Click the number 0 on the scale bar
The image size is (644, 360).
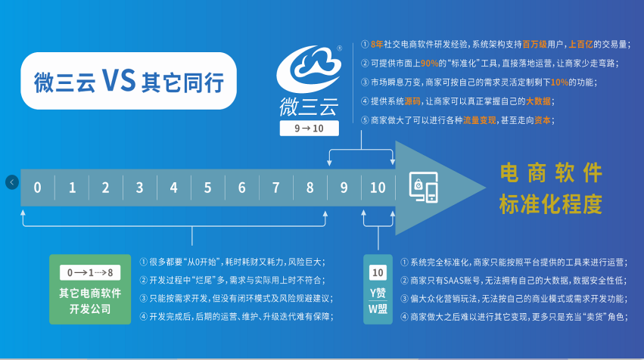(37, 188)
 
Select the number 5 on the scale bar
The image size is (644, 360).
(208, 188)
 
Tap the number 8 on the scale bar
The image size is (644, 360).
(310, 188)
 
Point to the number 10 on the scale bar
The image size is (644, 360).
(378, 188)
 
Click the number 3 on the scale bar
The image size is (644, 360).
(140, 188)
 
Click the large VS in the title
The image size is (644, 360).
(119, 80)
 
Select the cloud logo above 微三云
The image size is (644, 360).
(309, 69)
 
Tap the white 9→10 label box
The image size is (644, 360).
(310, 128)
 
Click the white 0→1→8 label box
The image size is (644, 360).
(90, 272)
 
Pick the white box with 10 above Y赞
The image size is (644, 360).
(378, 272)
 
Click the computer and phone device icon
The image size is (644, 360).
(424, 187)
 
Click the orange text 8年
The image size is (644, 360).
(377, 45)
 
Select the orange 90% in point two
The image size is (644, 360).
(429, 64)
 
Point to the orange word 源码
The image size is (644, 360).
(412, 101)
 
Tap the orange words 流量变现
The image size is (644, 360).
(480, 120)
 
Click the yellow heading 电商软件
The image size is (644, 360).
(551, 173)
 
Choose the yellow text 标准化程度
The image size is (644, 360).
(551, 204)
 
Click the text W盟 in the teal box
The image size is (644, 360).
(378, 309)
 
